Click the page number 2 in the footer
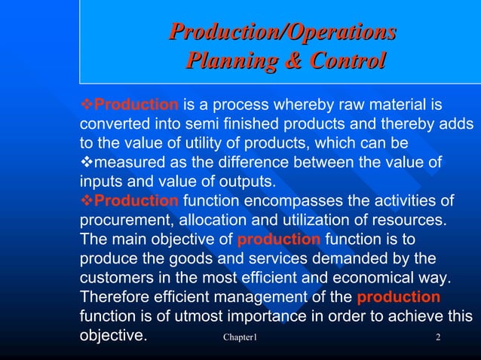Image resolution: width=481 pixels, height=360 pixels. click(438, 336)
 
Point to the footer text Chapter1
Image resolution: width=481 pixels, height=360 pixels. click(240, 336)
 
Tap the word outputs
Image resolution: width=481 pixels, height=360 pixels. click(247, 182)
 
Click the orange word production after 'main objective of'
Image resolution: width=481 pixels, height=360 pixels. click(279, 239)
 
